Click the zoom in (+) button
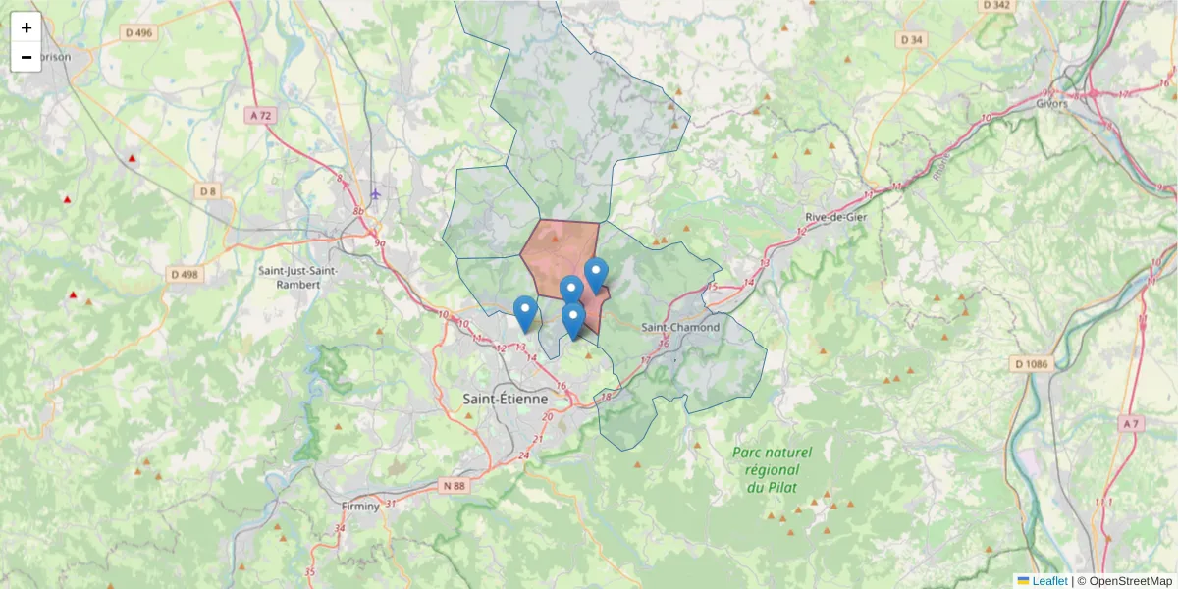coord(27,27)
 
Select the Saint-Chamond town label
coord(679,327)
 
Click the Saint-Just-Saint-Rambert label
coord(297,277)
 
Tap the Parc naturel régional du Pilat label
coord(772,469)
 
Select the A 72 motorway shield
coord(260,115)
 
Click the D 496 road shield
coord(139,32)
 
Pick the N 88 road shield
coord(454,485)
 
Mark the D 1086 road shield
coord(1032,364)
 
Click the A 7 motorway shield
coord(1131,423)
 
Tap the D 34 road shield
coord(912,39)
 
